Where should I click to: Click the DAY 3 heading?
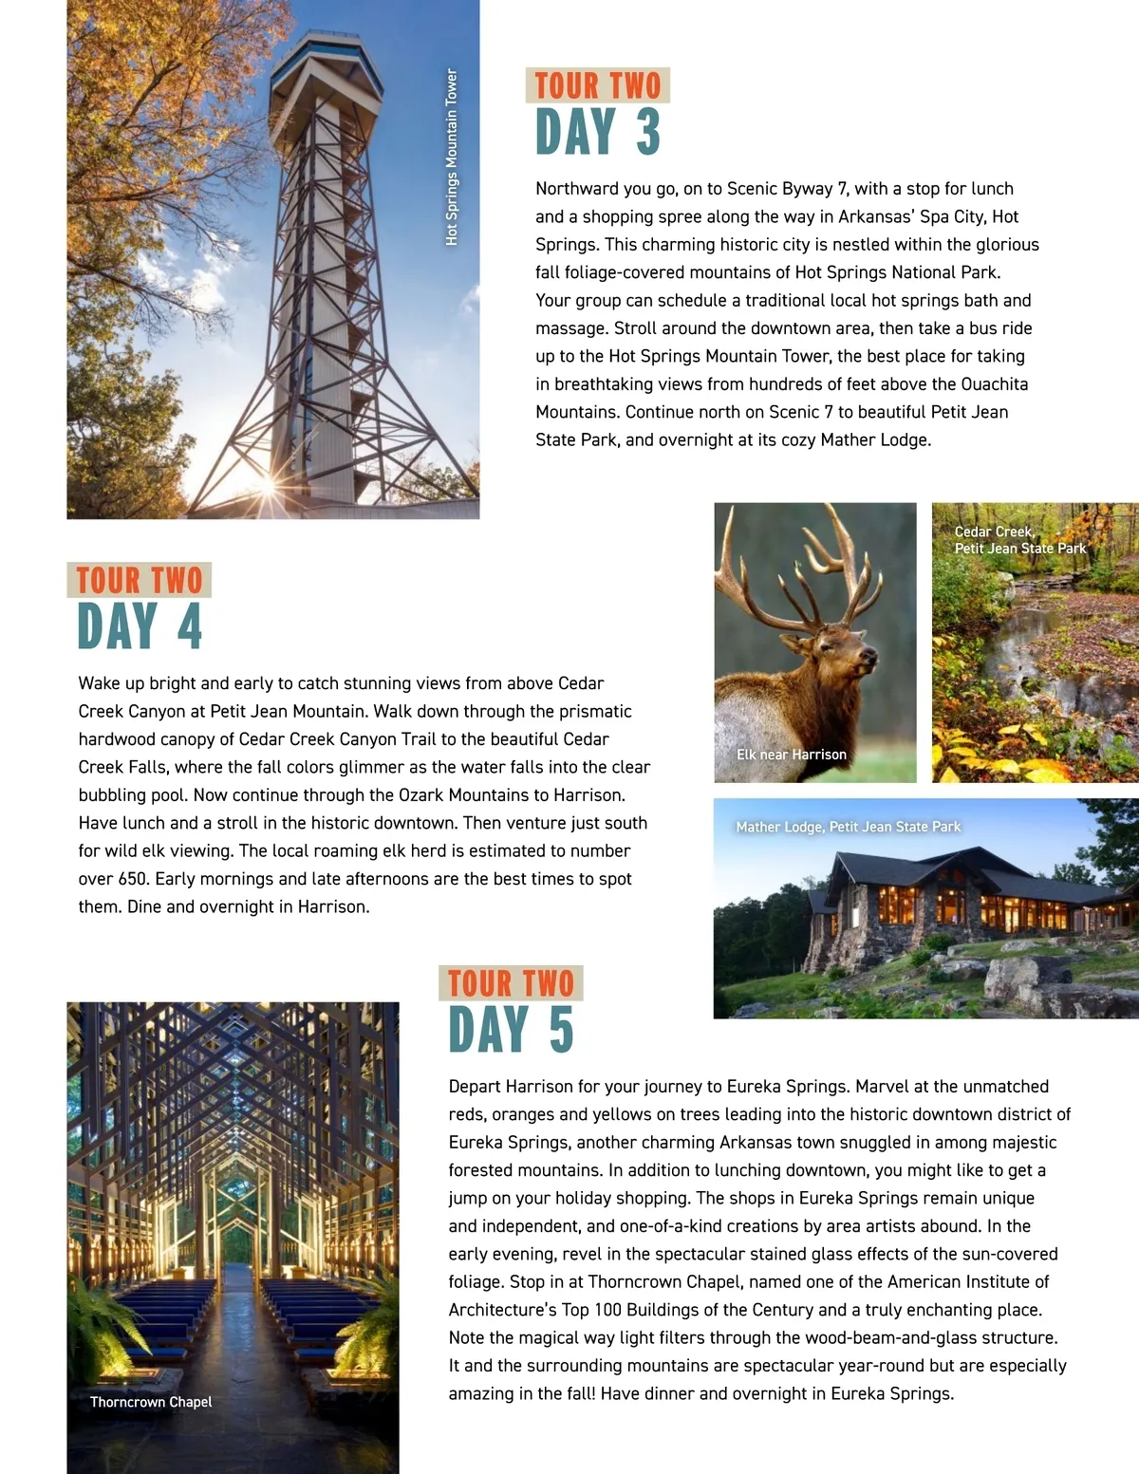pyautogui.click(x=597, y=132)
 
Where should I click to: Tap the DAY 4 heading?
pyautogui.click(x=140, y=626)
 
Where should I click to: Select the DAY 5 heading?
pyautogui.click(x=511, y=1030)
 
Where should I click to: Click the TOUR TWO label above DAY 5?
pyautogui.click(x=511, y=983)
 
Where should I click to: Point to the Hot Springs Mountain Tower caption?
pyautogui.click(x=452, y=157)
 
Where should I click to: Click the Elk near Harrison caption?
pyautogui.click(x=791, y=755)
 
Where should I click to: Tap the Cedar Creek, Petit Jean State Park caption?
pyautogui.click(x=1019, y=540)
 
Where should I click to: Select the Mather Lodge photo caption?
pyautogui.click(x=848, y=827)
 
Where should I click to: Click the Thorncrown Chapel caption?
pyautogui.click(x=150, y=1402)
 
